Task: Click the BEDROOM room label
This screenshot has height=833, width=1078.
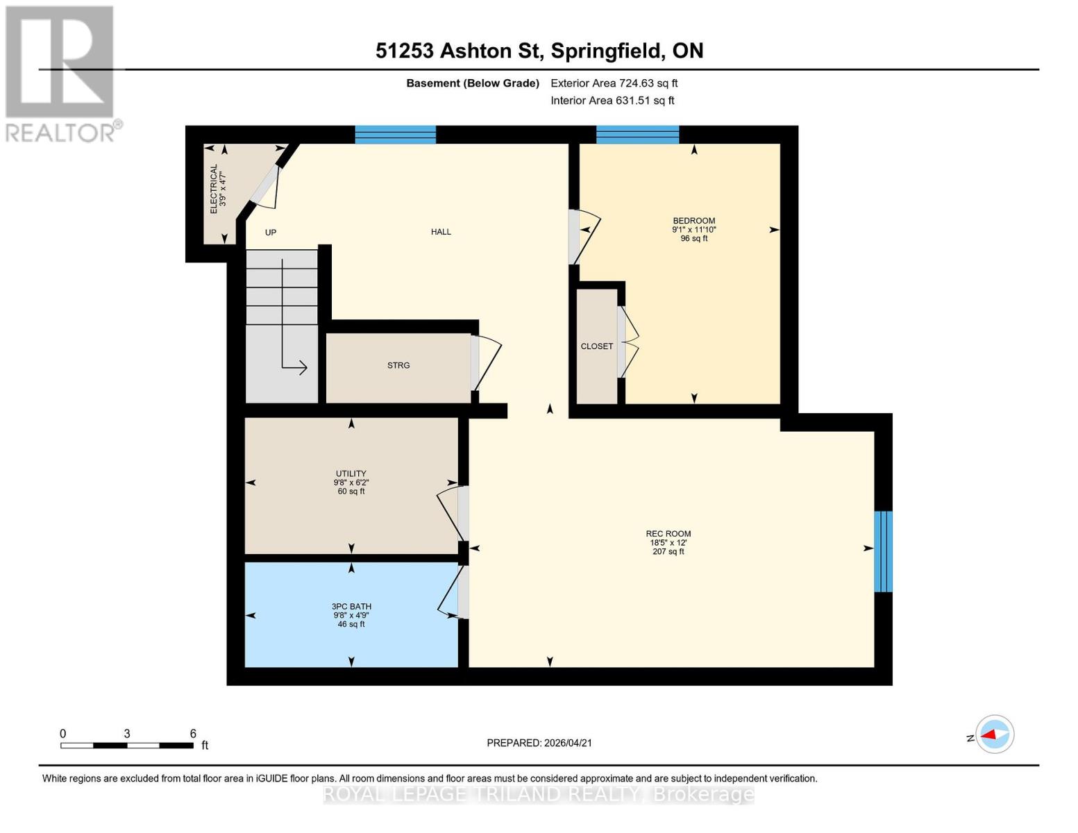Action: (x=693, y=221)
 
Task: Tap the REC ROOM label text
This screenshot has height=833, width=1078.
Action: (x=668, y=534)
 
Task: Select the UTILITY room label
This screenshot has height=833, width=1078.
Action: (x=351, y=473)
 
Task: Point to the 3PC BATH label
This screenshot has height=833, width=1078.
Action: (x=351, y=606)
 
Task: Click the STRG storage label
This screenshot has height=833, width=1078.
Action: (x=398, y=365)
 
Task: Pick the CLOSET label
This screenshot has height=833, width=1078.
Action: (x=596, y=346)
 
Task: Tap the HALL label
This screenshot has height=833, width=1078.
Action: (x=441, y=232)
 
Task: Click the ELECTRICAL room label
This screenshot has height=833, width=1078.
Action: (x=214, y=189)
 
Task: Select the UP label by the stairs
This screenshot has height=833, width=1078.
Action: (x=271, y=233)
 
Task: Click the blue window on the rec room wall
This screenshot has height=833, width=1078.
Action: (x=882, y=551)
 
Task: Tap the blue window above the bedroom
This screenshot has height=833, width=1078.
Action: (x=637, y=135)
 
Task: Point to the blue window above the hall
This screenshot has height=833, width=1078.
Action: (x=395, y=135)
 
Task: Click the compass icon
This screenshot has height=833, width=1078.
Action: (x=995, y=734)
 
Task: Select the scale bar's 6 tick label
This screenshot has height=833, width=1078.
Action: (x=193, y=733)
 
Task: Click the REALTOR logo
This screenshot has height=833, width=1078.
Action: (x=61, y=73)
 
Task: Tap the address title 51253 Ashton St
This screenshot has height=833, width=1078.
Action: (x=539, y=51)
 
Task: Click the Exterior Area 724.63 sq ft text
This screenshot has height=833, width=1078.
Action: (x=614, y=83)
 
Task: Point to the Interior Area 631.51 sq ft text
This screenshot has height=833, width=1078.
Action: (x=612, y=101)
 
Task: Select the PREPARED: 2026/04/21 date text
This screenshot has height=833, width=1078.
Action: (x=539, y=743)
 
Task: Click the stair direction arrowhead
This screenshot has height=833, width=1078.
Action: (x=303, y=367)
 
